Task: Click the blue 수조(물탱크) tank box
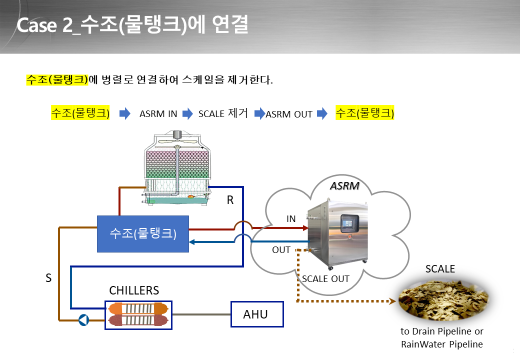click(143, 234)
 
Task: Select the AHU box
click(257, 314)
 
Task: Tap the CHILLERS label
click(134, 290)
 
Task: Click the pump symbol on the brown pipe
click(83, 320)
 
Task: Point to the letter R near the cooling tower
click(230, 200)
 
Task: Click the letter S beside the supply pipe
click(48, 278)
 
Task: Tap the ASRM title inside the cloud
click(344, 185)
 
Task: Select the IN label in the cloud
click(291, 219)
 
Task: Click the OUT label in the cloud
click(281, 250)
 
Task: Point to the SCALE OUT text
click(325, 279)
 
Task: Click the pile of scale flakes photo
click(443, 300)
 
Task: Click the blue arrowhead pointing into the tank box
click(191, 242)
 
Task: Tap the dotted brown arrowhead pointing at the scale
click(392, 301)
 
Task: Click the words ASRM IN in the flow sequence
click(158, 113)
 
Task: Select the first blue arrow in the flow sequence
click(124, 113)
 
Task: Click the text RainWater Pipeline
click(441, 344)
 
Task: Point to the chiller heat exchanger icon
click(138, 315)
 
